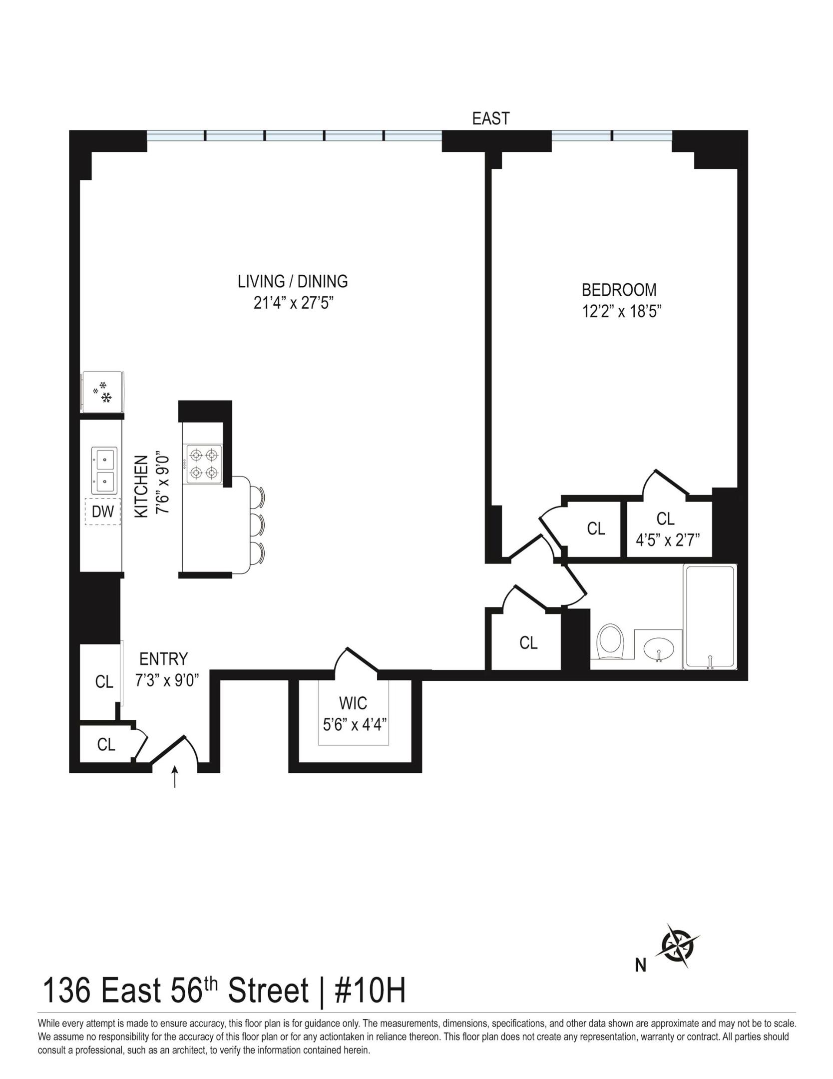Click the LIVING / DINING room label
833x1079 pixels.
point(293,281)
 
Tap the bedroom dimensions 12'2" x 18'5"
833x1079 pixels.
point(621,311)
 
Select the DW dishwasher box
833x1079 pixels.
point(103,512)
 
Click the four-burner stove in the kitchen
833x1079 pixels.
point(204,464)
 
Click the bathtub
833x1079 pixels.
point(710,617)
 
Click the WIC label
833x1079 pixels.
point(353,703)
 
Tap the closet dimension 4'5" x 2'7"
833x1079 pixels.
point(667,540)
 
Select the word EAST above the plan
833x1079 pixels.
point(491,118)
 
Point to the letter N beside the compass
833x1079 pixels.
point(640,966)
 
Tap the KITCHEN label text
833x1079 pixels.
point(142,486)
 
